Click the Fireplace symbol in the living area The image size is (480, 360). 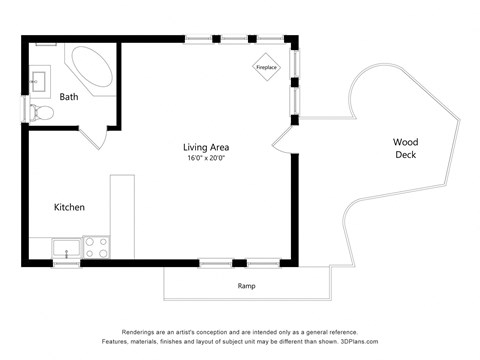click(266, 67)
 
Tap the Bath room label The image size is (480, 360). click(69, 97)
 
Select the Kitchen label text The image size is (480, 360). click(69, 207)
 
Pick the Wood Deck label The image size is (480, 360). click(405, 148)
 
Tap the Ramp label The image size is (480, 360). click(246, 286)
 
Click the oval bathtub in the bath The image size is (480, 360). click(91, 66)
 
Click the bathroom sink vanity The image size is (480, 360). click(40, 77)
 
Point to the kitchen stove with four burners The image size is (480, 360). click(97, 247)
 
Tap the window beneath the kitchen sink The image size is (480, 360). click(66, 263)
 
